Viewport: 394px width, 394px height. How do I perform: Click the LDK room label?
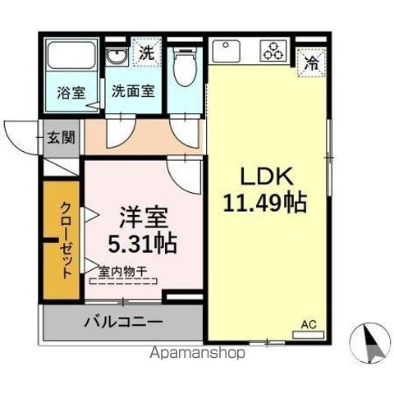(261, 176)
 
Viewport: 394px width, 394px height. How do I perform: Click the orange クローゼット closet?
(63, 242)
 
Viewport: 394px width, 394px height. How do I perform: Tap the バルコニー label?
(123, 322)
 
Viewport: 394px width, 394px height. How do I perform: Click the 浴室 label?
(70, 92)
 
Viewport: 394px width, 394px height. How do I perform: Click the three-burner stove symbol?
(273, 53)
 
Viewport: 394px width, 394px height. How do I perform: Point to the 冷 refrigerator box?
(313, 60)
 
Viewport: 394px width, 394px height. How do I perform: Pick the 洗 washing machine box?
(145, 53)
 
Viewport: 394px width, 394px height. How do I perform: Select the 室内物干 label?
(123, 270)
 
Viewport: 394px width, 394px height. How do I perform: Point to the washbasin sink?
(117, 57)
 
